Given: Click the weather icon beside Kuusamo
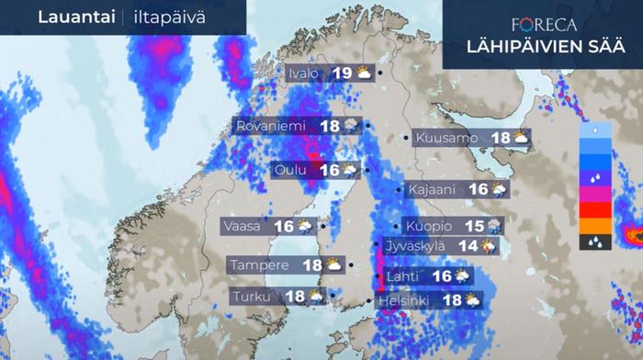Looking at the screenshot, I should point(521,138).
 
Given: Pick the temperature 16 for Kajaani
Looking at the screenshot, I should point(479,189).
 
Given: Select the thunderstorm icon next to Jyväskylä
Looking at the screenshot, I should point(490,246).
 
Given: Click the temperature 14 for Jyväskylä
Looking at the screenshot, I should point(468,246).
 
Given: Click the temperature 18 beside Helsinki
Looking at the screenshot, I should point(451,299).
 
